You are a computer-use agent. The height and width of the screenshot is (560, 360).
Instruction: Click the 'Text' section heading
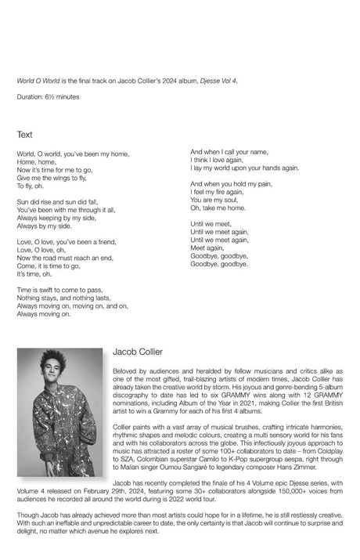coord(24,135)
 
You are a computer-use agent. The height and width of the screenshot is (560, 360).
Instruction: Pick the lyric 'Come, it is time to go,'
coord(49,266)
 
